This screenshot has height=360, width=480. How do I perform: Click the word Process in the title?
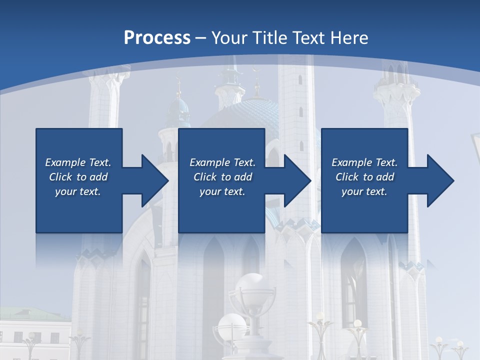(x=157, y=38)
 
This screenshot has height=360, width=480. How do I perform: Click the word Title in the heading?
(x=270, y=38)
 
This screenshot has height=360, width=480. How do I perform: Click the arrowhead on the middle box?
(x=296, y=180)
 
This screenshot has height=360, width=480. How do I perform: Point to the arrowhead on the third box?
(x=439, y=180)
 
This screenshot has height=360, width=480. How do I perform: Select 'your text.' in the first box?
(x=78, y=191)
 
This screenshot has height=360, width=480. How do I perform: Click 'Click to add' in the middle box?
(x=222, y=177)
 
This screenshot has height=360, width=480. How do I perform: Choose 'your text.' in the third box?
(x=364, y=191)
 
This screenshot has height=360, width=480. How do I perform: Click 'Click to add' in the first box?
(x=78, y=177)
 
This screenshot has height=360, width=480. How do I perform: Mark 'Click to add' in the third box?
(x=364, y=177)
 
